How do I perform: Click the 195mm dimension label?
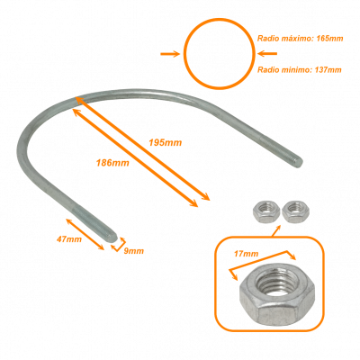(x=166, y=142)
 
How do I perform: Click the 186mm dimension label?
(x=112, y=163)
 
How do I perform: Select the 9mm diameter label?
(x=133, y=251)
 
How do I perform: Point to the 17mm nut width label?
(x=246, y=254)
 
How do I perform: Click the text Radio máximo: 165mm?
(x=300, y=39)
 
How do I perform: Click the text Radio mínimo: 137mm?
(x=300, y=70)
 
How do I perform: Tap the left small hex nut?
(x=266, y=211)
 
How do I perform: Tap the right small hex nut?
(x=295, y=211)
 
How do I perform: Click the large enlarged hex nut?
(x=277, y=294)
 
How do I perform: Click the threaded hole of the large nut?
(x=278, y=283)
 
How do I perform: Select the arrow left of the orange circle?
(x=170, y=54)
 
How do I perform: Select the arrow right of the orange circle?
(x=267, y=54)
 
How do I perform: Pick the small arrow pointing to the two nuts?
(x=276, y=230)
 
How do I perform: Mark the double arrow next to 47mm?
(x=85, y=234)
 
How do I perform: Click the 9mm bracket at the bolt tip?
(x=120, y=245)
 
